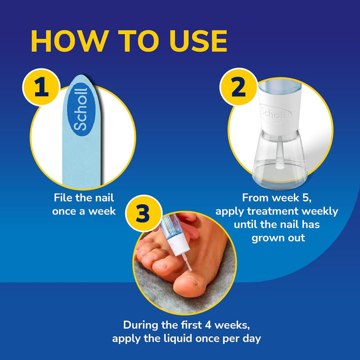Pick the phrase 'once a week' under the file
(x=84, y=211)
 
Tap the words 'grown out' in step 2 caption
(x=278, y=237)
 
